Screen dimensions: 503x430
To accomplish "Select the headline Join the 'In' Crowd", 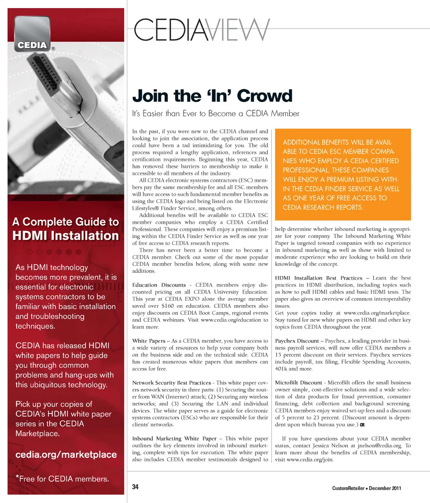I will coord(212,95).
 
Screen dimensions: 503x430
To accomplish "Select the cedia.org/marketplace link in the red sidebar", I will coord(66,455).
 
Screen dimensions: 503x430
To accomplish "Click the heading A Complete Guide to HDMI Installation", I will coord(66,229).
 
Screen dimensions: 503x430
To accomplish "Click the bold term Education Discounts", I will coord(159,285).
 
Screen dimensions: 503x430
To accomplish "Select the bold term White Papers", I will coord(149,341).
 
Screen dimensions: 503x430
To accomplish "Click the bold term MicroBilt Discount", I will coord(298,383).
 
